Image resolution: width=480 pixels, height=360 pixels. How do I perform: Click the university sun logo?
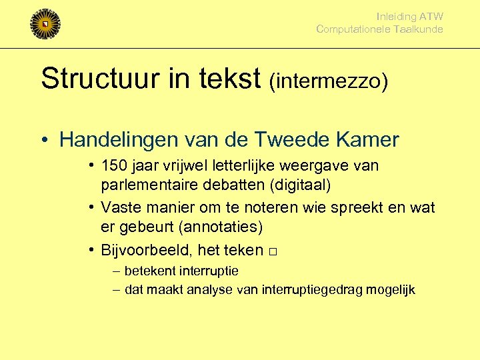tap(45, 24)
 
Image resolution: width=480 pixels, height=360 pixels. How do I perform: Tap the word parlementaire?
tap(151, 183)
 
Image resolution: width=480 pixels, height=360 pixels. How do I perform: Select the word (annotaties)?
tap(221, 227)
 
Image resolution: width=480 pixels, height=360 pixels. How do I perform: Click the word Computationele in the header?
tap(356, 29)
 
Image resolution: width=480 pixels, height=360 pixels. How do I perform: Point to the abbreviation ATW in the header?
tap(431, 17)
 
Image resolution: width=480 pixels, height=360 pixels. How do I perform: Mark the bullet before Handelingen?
tap(44, 141)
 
